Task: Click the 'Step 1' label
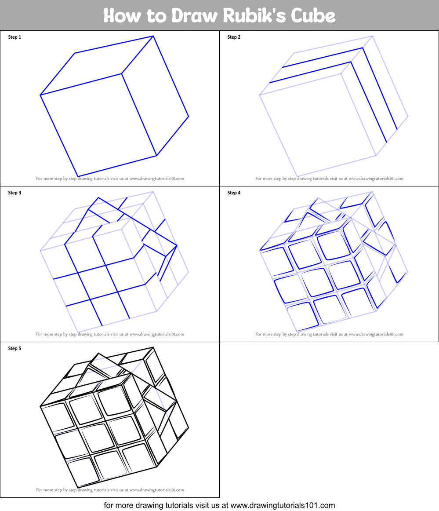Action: click(x=15, y=37)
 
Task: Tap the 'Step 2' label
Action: click(x=234, y=37)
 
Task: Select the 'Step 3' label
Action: click(x=15, y=193)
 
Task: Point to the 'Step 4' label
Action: click(x=234, y=193)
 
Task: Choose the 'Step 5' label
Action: click(x=15, y=349)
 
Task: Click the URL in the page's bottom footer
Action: click(x=283, y=505)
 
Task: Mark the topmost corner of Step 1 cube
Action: click(x=153, y=36)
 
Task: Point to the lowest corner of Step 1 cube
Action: click(x=78, y=176)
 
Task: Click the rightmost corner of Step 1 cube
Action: click(x=189, y=117)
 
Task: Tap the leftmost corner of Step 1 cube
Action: click(x=40, y=95)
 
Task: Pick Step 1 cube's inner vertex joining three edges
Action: click(x=122, y=73)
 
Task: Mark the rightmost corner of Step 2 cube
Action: click(x=408, y=117)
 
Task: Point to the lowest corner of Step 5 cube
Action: click(x=78, y=487)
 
